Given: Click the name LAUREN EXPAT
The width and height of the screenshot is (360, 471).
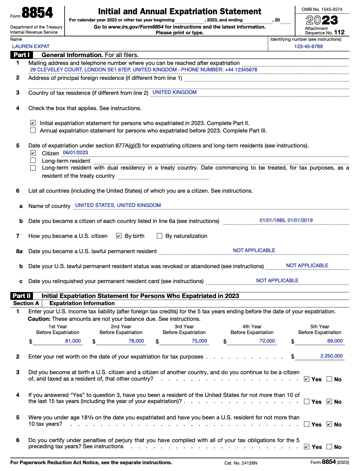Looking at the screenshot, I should pyautogui.click(x=31, y=47).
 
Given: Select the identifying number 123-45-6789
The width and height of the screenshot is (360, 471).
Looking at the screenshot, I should pyautogui.click(x=308, y=47).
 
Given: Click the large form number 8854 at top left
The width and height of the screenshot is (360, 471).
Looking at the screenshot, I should pyautogui.click(x=37, y=13).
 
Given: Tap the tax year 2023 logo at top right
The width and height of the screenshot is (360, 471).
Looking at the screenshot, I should pyautogui.click(x=322, y=20).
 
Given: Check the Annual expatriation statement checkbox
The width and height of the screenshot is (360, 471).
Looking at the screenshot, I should pyautogui.click(x=33, y=130).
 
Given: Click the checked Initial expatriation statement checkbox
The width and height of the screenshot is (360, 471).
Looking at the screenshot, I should pyautogui.click(x=33, y=123).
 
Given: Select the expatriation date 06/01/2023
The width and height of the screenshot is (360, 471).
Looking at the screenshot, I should pyautogui.click(x=75, y=153).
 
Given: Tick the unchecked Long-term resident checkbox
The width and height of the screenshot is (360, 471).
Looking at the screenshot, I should pyautogui.click(x=33, y=160).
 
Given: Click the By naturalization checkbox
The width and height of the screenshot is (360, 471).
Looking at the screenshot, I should pyautogui.click(x=159, y=235).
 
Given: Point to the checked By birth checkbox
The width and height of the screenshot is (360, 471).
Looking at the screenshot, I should pyautogui.click(x=119, y=235).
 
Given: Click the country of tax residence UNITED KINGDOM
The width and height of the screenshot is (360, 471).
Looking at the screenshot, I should pyautogui.click(x=175, y=92).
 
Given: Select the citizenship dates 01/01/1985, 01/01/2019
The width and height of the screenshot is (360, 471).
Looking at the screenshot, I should pyautogui.click(x=286, y=221).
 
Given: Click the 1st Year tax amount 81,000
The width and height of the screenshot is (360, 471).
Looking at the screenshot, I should pyautogui.click(x=73, y=341).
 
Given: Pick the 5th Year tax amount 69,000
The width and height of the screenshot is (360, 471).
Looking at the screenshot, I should pyautogui.click(x=335, y=341).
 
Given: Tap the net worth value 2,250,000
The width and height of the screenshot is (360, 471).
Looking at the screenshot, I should pyautogui.click(x=331, y=356).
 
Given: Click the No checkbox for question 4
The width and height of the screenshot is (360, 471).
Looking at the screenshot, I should pyautogui.click(x=329, y=401).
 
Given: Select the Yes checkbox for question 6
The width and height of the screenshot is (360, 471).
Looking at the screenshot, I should pyautogui.click(x=307, y=447).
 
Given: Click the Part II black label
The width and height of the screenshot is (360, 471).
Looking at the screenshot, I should pyautogui.click(x=22, y=296).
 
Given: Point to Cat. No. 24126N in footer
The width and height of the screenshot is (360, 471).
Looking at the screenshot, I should pyautogui.click(x=241, y=463).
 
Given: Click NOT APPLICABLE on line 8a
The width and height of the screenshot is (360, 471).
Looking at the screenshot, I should pyautogui.click(x=254, y=250).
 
